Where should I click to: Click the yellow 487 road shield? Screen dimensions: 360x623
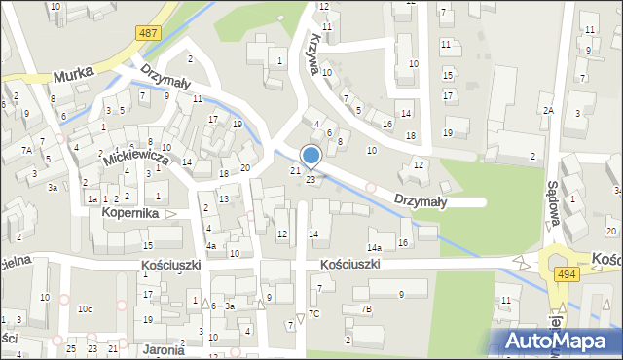(148, 33)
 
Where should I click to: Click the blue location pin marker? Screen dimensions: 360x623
(311, 157)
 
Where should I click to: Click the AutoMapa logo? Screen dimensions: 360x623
(558, 342)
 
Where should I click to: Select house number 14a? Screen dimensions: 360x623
(374, 248)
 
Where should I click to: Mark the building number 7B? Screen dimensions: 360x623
(366, 308)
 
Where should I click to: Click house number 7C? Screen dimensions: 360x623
(313, 313)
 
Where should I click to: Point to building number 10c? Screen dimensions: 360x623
(86, 309)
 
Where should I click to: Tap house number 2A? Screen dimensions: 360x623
(549, 110)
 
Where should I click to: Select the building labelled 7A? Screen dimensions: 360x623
(27, 150)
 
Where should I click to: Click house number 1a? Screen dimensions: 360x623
(92, 198)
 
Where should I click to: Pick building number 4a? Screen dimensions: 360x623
(210, 245)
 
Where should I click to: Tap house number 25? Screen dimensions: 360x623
(71, 348)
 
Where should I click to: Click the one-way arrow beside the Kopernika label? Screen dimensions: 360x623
(171, 213)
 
